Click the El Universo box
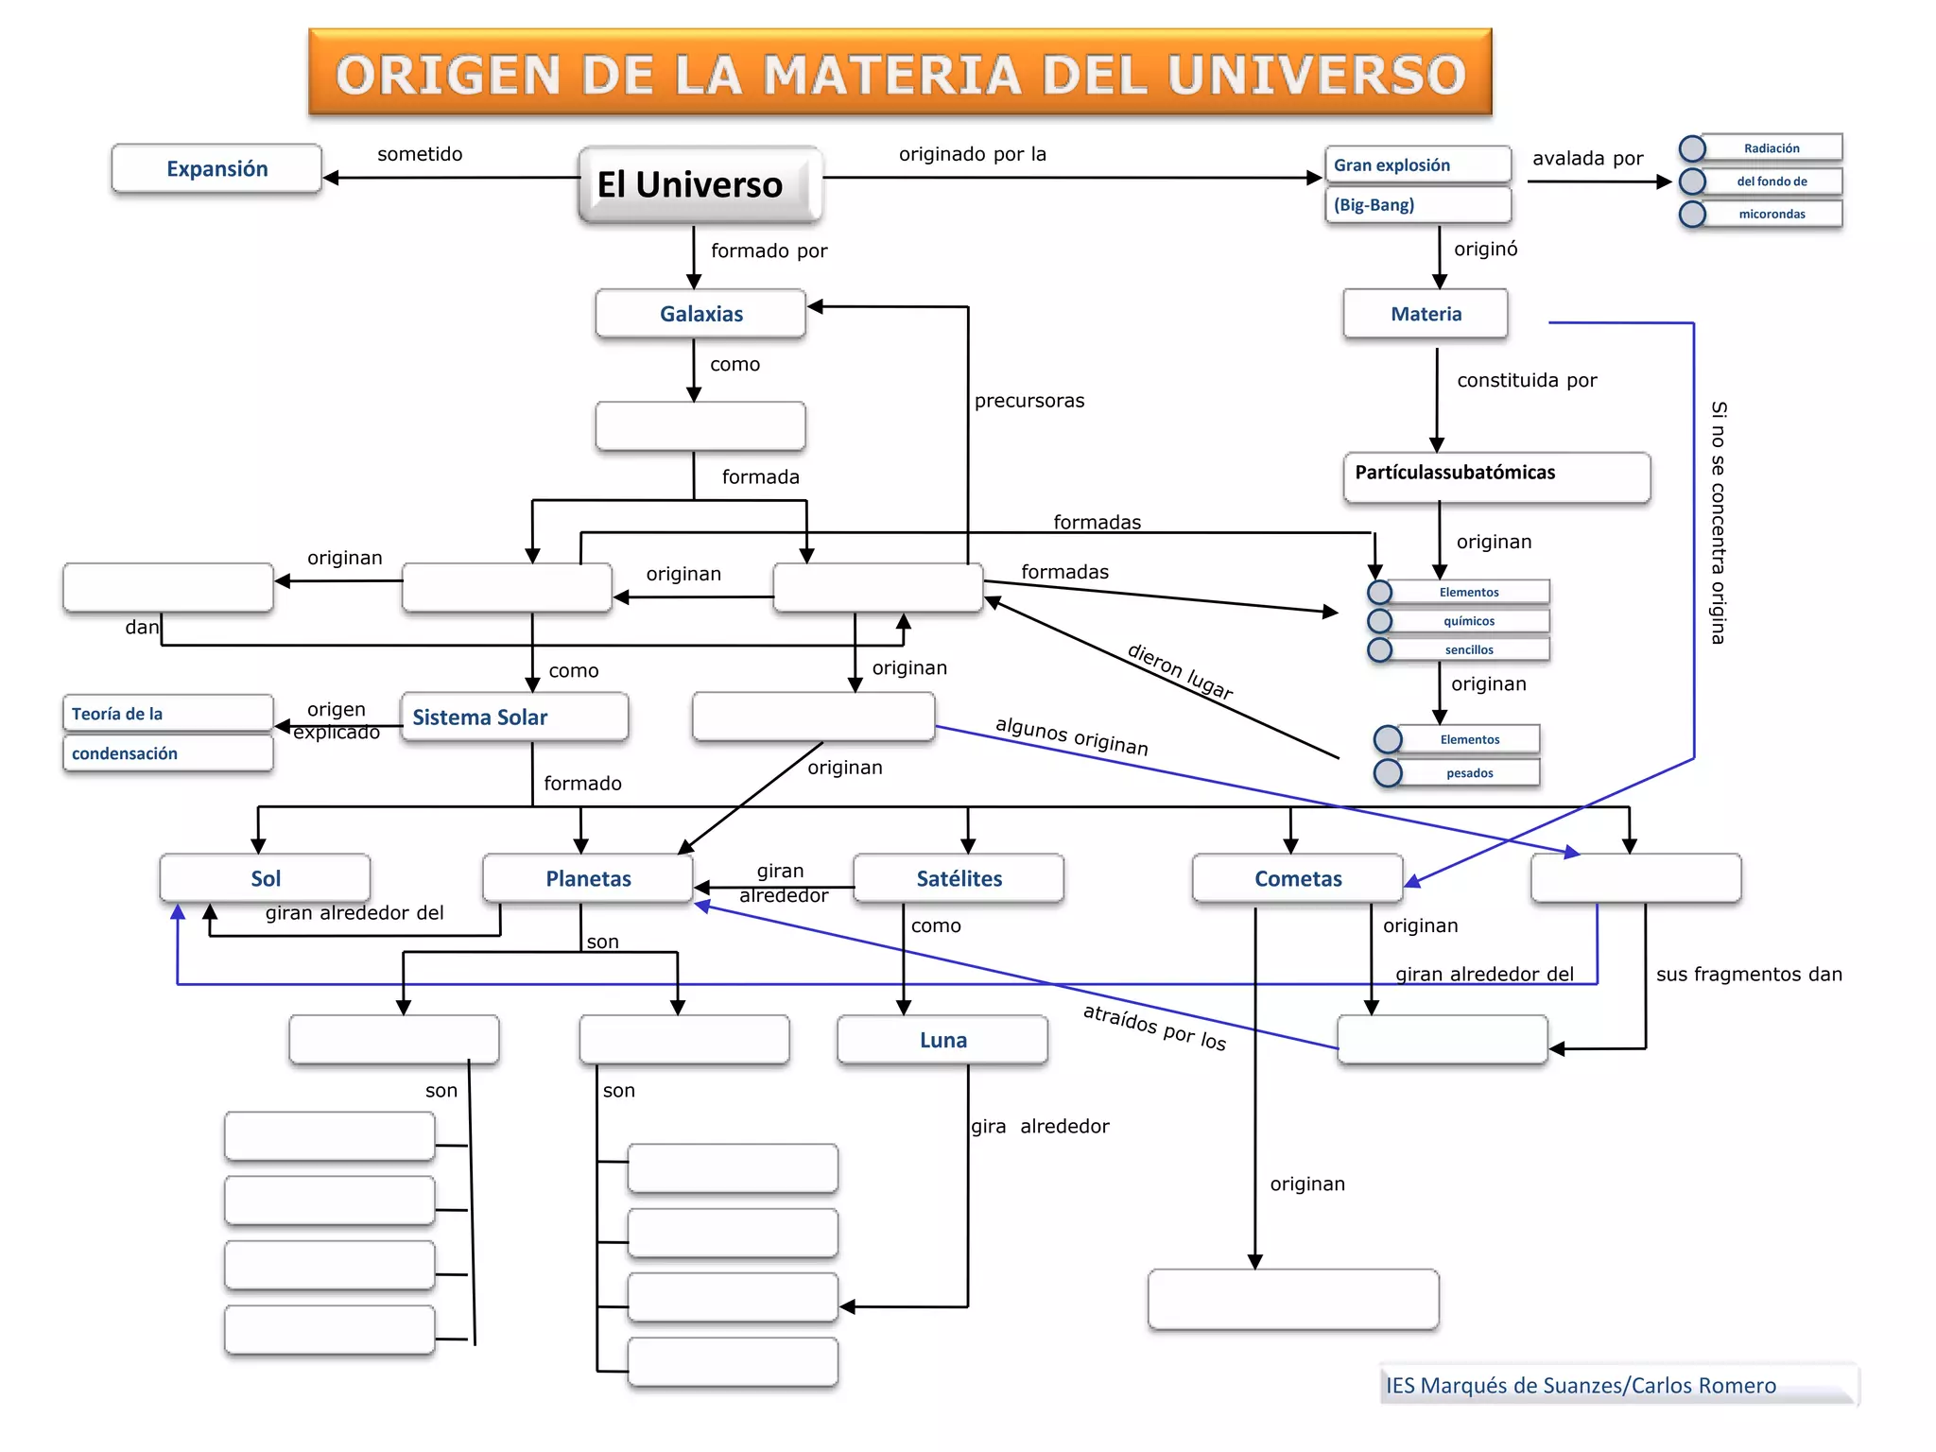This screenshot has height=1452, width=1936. [x=700, y=184]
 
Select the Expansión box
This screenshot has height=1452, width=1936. [x=216, y=168]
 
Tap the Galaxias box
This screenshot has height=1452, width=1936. [x=700, y=314]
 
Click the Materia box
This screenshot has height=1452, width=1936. [x=1426, y=314]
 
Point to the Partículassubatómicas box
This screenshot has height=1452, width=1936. [x=1495, y=475]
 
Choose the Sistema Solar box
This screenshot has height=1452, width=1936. [x=514, y=717]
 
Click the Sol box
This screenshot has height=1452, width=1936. [x=266, y=878]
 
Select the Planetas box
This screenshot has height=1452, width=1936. [x=588, y=878]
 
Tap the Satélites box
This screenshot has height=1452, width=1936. [x=959, y=878]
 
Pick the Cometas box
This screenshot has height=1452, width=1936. [x=1298, y=878]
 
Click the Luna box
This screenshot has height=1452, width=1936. [x=942, y=1040]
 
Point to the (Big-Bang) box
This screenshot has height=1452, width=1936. [x=1417, y=204]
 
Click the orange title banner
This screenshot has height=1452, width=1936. [x=900, y=73]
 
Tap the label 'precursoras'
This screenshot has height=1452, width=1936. [x=1029, y=401]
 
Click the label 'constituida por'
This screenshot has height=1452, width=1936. [x=1527, y=380]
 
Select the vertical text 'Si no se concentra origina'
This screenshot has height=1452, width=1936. [x=1719, y=523]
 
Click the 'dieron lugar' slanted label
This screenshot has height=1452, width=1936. [x=1180, y=671]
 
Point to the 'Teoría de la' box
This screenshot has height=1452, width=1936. [x=168, y=713]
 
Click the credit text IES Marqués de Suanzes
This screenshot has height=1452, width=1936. [x=1581, y=1385]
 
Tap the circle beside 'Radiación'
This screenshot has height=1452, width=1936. [x=1692, y=148]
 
